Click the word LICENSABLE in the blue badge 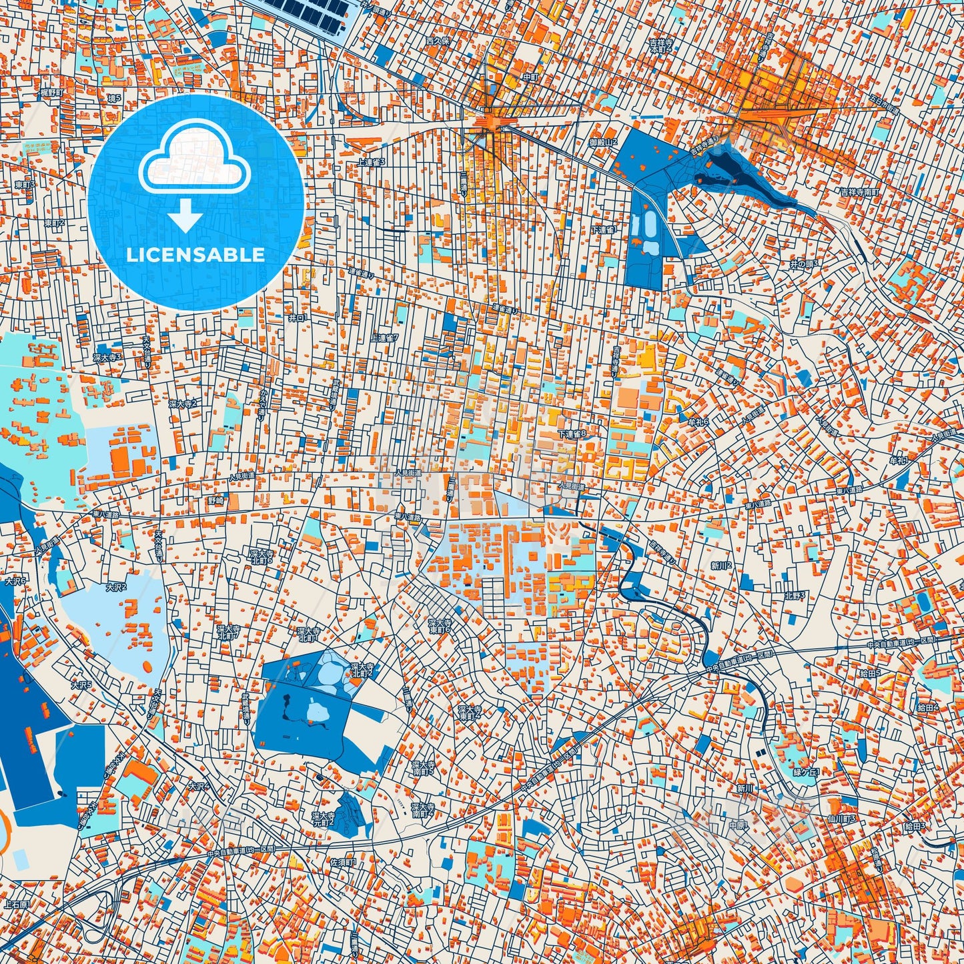tap(195, 255)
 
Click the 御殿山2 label tap(603, 142)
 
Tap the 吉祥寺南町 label tap(860, 192)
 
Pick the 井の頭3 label tap(804, 264)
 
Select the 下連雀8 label tap(572, 434)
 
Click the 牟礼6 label tap(698, 422)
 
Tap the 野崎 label tap(216, 500)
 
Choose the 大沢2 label tap(115, 587)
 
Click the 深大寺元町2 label tap(323, 818)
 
